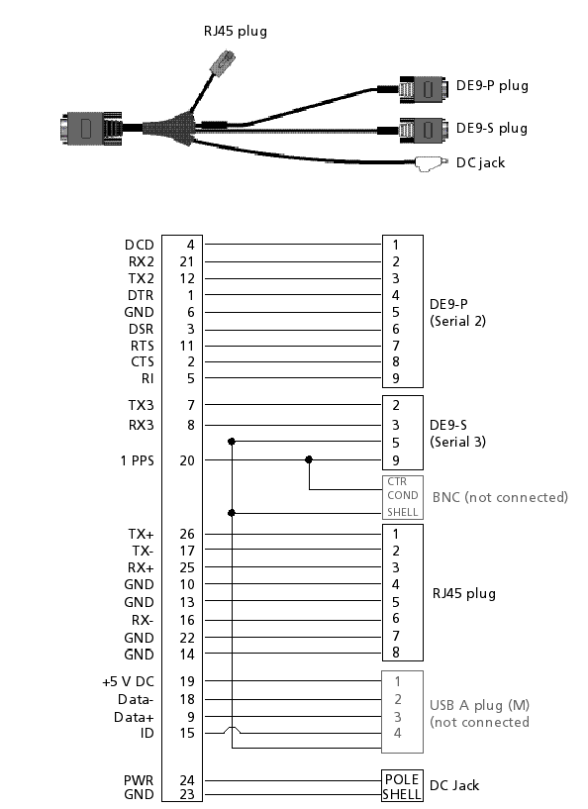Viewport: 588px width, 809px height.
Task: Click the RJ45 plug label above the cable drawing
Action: click(236, 32)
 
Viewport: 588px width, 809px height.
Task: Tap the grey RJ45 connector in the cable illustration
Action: click(223, 62)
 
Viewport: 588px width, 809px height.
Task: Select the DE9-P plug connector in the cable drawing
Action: click(423, 89)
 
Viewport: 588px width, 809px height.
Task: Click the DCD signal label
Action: click(140, 245)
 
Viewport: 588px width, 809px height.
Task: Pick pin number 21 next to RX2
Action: click(187, 261)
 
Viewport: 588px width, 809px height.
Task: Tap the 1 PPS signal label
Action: click(138, 460)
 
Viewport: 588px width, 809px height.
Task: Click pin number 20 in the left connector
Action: click(187, 460)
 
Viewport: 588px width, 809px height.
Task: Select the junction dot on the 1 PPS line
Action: click(309, 459)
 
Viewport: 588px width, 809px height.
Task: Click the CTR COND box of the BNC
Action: click(402, 488)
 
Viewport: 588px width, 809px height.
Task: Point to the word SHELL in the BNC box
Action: click(402, 512)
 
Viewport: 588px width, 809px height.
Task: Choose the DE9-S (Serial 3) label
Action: click(457, 434)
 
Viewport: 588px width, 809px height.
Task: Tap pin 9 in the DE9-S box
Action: click(396, 460)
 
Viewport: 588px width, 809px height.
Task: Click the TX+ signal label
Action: click(141, 534)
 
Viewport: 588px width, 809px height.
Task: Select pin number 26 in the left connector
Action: click(187, 534)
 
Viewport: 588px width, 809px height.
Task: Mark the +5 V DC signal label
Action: click(128, 681)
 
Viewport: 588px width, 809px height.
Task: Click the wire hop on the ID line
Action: click(232, 729)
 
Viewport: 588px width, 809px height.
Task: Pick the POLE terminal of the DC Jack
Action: click(402, 779)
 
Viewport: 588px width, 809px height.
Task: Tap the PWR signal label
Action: click(139, 780)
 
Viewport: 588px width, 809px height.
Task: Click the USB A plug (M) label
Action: click(479, 705)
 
